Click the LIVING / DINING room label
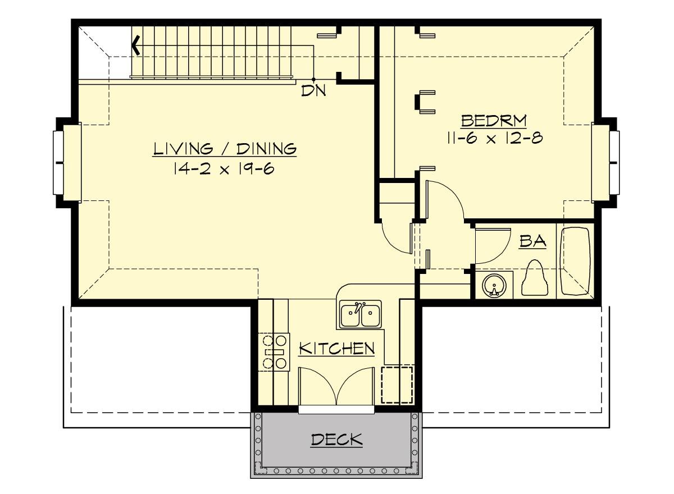225,149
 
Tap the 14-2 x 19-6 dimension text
224,168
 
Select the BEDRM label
494,121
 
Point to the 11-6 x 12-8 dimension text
495,138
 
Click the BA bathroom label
532,241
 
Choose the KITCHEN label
336,349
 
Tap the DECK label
336,440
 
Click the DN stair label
313,90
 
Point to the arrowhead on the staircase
136,45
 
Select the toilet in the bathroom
535,277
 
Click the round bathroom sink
494,286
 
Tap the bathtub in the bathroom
575,261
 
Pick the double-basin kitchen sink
361,314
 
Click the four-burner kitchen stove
274,352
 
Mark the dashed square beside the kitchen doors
397,385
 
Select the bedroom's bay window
605,163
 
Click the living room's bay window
67,163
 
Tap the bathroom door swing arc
499,251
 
